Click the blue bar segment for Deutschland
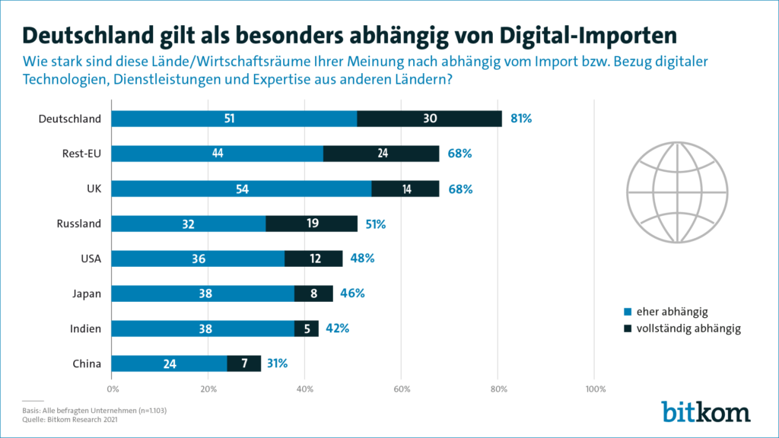tap(234, 119)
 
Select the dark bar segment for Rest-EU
tap(381, 154)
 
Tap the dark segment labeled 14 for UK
tap(405, 189)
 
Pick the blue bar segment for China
tap(169, 363)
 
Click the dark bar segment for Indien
tap(307, 328)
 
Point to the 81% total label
tap(521, 119)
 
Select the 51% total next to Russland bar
tap(376, 224)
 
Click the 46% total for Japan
tap(352, 294)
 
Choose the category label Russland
tap(79, 224)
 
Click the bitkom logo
tap(705, 411)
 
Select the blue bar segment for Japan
tap(203, 294)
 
